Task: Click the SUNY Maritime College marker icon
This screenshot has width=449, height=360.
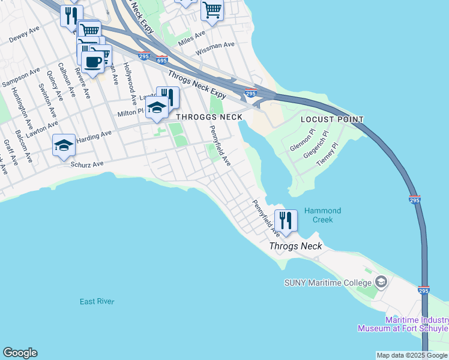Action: pos(381,282)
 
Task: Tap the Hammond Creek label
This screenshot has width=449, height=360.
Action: pos(322,215)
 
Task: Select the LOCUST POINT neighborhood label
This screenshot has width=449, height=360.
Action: pos(332,119)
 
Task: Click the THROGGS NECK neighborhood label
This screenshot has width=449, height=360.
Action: pos(209,117)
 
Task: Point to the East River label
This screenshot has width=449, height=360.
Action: pos(97,301)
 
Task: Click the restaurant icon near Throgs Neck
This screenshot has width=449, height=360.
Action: pos(286,220)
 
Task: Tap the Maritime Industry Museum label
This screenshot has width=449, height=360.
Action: pos(403,324)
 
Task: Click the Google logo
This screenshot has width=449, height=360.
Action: pos(20,353)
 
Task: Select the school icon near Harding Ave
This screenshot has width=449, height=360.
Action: pos(64,145)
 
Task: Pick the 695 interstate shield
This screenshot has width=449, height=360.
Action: pos(161,60)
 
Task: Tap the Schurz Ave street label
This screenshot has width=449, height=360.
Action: pos(87,164)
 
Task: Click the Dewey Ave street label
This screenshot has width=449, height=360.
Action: pos(25,37)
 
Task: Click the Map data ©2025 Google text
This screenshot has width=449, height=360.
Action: pos(412,355)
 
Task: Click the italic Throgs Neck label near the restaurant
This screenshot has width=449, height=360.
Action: pos(295,246)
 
